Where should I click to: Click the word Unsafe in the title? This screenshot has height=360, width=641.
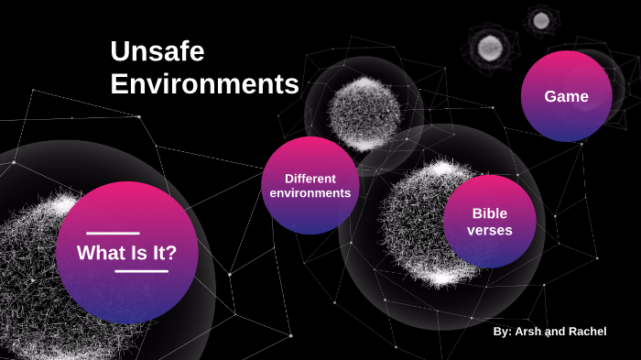pyautogui.click(x=157, y=51)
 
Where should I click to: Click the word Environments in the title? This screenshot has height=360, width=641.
pyautogui.click(x=204, y=84)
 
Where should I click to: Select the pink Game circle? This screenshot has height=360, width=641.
pyautogui.click(x=566, y=96)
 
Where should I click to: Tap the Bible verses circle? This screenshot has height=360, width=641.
pyautogui.click(x=489, y=221)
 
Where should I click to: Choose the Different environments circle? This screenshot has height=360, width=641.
pyautogui.click(x=310, y=185)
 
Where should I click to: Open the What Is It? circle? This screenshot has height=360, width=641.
pyautogui.click(x=126, y=253)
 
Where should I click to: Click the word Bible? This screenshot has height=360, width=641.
pyautogui.click(x=490, y=213)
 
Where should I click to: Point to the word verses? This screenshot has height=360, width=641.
pyautogui.click(x=490, y=230)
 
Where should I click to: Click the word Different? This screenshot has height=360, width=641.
pyautogui.click(x=310, y=178)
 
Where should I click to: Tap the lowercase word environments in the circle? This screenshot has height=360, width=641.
pyautogui.click(x=310, y=193)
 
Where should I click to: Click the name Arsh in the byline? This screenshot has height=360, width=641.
pyautogui.click(x=528, y=332)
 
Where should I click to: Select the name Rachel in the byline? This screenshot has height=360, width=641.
pyautogui.click(x=585, y=332)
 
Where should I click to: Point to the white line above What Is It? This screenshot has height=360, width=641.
pyautogui.click(x=113, y=234)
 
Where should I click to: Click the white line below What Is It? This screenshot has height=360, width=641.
pyautogui.click(x=141, y=271)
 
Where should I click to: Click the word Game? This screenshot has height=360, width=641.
pyautogui.click(x=566, y=96)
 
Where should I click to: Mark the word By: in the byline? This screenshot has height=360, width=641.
pyautogui.click(x=502, y=332)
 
